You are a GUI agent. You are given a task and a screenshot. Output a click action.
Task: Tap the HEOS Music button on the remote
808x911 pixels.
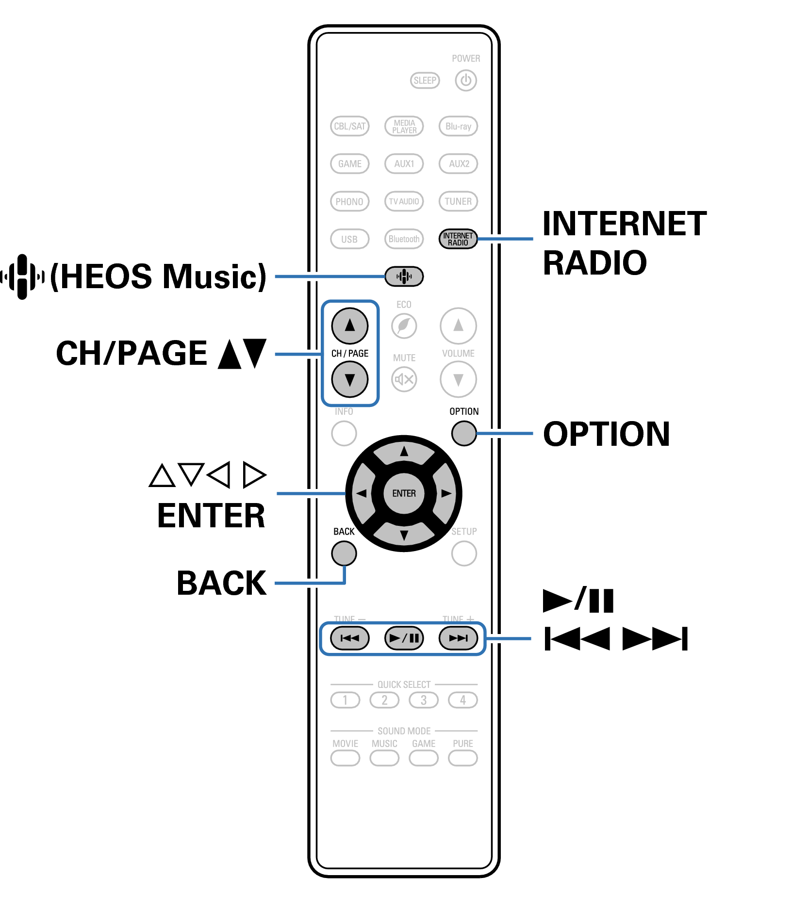coord(404,277)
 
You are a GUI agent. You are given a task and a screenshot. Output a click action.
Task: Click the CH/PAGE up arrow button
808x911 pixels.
coord(349,325)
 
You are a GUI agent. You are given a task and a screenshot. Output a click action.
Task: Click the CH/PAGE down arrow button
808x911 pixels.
coord(349,379)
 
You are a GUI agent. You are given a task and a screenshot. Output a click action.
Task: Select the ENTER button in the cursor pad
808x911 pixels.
coord(404,493)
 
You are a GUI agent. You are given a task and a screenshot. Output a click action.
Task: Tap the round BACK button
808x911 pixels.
coord(344,553)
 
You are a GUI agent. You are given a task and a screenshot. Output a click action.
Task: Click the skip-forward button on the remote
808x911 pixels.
coord(458,638)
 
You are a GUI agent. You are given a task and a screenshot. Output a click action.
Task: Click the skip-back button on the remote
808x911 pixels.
coord(349,638)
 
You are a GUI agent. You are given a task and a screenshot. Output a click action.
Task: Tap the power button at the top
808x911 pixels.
coord(466,81)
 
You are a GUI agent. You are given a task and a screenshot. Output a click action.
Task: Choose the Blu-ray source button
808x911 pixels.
coord(458,126)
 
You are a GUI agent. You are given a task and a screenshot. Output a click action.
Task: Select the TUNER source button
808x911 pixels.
coord(458,201)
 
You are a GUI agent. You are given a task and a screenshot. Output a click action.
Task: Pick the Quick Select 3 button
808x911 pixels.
coord(424,700)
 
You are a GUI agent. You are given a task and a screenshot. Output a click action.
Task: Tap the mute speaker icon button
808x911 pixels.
coord(404,379)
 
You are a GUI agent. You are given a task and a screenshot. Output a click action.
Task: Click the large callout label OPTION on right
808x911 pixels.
coord(606,434)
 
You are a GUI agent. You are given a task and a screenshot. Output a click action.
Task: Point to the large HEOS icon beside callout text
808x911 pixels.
coord(22,277)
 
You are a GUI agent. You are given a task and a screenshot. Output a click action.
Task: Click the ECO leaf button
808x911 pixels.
coord(404,325)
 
